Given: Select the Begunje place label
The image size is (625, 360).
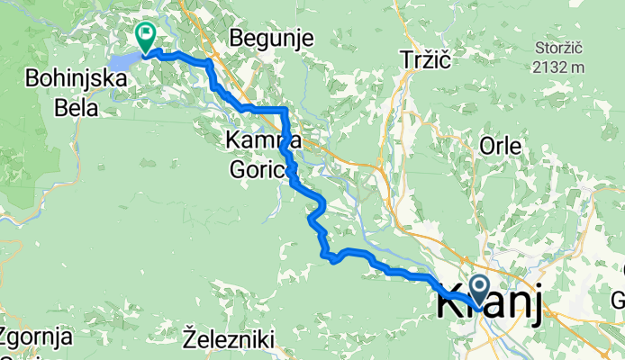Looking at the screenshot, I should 270,38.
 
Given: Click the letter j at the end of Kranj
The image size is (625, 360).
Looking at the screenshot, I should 535,306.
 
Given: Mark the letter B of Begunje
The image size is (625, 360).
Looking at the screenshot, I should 236,38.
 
